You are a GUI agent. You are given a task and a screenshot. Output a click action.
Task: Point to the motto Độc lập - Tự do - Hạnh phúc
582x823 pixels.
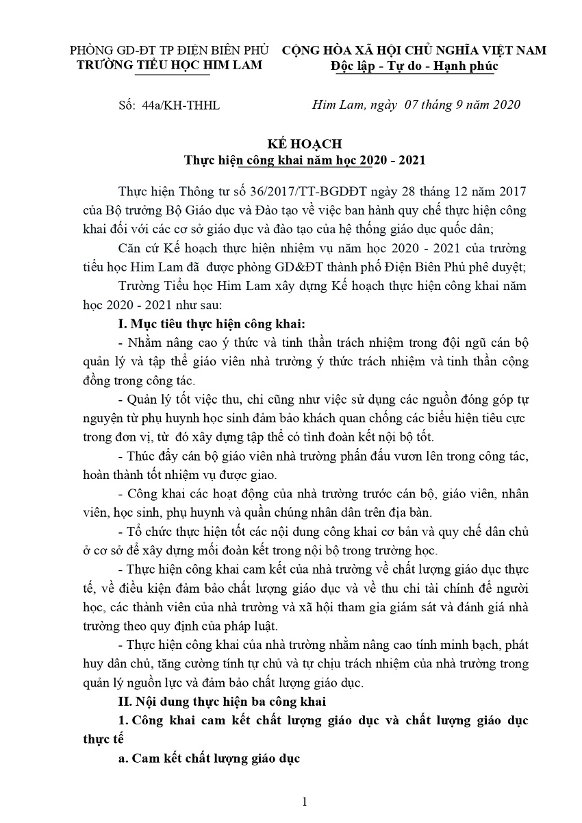[414, 66]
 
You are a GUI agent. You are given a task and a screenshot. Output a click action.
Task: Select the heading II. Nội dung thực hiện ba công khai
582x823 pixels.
[223, 701]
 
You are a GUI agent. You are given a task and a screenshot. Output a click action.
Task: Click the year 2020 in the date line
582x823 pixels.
[507, 105]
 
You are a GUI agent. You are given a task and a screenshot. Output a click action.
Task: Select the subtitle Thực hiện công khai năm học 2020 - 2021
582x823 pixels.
[305, 161]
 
